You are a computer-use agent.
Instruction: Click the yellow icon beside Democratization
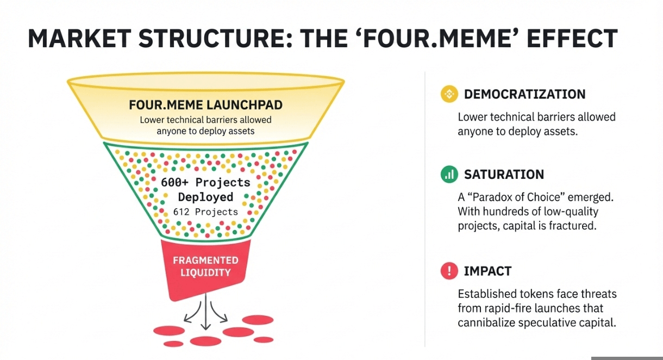coord(449,94)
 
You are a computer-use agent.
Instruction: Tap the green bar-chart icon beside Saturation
coord(449,174)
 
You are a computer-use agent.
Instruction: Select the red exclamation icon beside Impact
coord(449,271)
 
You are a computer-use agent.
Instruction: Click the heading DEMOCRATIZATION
coord(525,94)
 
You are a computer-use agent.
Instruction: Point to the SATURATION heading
coord(504,174)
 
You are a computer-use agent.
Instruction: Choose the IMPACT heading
coord(488,271)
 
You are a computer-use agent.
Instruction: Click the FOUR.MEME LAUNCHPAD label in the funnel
coord(206,105)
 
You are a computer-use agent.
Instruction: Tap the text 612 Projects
coord(206,212)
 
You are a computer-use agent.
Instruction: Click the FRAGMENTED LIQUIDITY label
coord(206,266)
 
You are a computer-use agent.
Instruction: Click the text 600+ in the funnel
coord(174,182)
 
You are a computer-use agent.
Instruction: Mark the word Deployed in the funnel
coord(206,197)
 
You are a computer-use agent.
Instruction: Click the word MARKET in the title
coord(79,39)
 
